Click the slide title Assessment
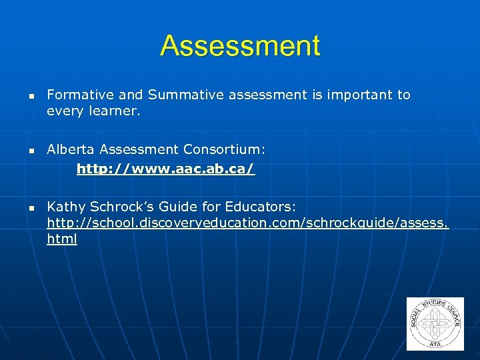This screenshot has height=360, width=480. tap(240, 46)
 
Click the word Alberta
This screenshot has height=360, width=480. tap(71, 151)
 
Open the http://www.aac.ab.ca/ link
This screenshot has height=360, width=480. tap(165, 169)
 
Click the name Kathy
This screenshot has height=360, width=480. tap(65, 207)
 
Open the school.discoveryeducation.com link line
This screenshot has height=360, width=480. tap(247, 223)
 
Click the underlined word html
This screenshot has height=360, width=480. tap(62, 239)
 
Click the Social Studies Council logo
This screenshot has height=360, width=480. tap(435, 323)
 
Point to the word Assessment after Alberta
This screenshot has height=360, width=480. tap(141, 151)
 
